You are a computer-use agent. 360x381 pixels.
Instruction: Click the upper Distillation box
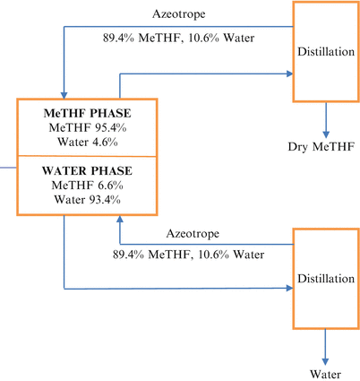click(x=326, y=51)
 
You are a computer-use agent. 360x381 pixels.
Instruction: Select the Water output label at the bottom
click(x=324, y=373)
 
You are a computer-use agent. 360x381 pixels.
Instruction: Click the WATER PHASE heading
click(x=86, y=170)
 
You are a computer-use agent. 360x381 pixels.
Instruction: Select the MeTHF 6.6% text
click(x=86, y=185)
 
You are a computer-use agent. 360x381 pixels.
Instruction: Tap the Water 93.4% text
click(x=86, y=198)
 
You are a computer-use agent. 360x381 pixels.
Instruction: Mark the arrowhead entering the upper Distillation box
click(x=288, y=75)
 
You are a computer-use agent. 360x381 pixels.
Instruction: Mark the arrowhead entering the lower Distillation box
click(x=288, y=288)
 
